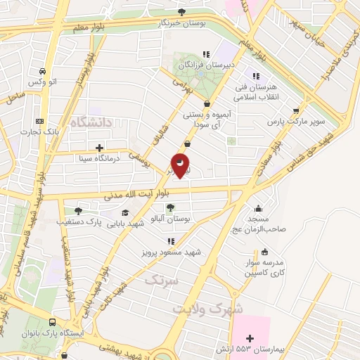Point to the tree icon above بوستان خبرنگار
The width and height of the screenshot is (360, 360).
182,11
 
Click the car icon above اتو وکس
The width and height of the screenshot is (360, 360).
43,72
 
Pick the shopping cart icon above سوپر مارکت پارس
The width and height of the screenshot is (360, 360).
296,110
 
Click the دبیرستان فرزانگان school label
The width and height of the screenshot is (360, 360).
205,64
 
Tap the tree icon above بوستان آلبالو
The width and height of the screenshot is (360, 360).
170,207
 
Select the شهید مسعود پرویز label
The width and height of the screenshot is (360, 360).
171,251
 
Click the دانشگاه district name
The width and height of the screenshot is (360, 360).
91,122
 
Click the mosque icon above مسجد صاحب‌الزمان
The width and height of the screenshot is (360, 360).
259,207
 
